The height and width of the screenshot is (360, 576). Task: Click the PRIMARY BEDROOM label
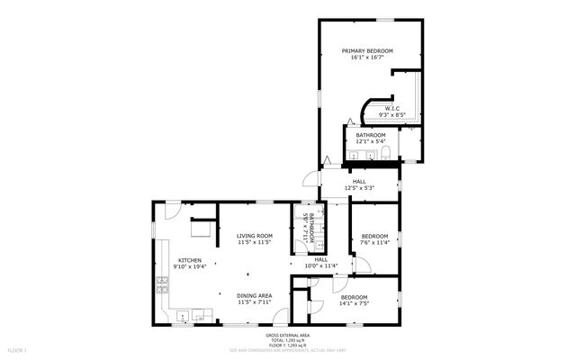pyautogui.click(x=370, y=50)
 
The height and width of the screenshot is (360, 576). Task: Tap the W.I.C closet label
pyautogui.click(x=392, y=108)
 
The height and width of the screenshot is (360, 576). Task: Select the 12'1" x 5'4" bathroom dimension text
pyautogui.click(x=370, y=141)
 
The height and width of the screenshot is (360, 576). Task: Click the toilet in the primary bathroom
pyautogui.click(x=384, y=157)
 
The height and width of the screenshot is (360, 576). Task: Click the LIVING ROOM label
pyautogui.click(x=255, y=236)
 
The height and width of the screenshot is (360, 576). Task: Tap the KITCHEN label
pyautogui.click(x=189, y=259)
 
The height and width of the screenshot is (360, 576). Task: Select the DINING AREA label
pyautogui.click(x=255, y=295)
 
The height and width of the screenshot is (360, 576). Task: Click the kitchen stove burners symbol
pyautogui.click(x=162, y=286)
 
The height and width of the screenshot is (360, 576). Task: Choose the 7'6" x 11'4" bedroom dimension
pyautogui.click(x=373, y=242)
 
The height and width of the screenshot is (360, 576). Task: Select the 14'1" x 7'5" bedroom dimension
pyautogui.click(x=353, y=303)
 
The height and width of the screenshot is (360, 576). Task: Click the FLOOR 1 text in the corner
pyautogui.click(x=18, y=348)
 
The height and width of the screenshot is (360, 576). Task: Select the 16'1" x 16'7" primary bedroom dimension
pyautogui.click(x=370, y=58)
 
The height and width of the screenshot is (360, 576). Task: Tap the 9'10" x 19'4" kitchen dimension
pyautogui.click(x=189, y=266)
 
